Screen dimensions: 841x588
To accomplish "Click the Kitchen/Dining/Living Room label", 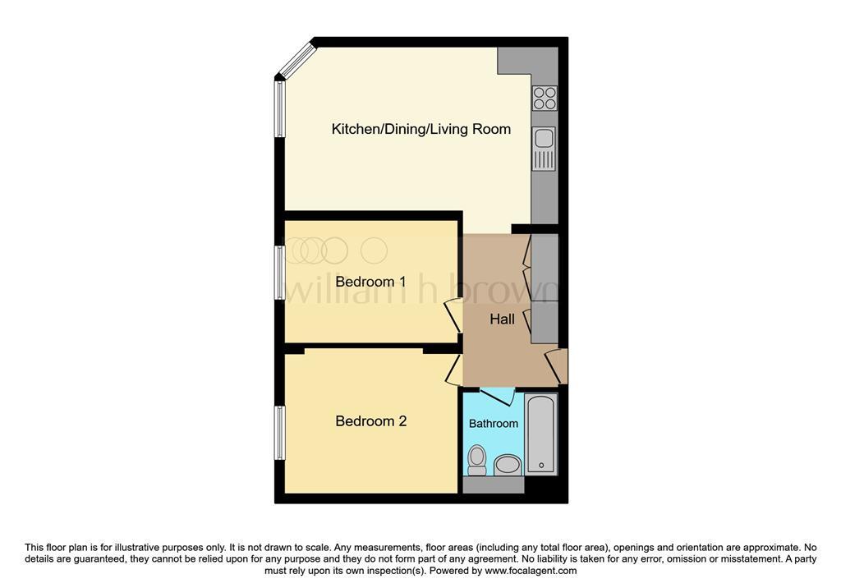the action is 421,129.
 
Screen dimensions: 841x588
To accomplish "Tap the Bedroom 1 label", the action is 370,282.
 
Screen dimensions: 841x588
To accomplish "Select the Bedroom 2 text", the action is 371,421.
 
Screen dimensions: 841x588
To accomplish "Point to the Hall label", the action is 502,319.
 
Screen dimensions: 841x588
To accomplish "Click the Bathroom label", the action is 494,423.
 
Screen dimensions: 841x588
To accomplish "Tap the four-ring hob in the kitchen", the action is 545,99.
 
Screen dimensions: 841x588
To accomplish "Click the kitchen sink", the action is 545,149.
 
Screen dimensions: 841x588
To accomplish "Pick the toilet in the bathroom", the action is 476,461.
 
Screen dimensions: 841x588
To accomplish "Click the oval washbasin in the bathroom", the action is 508,465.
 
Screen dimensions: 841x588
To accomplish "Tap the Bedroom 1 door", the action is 453,315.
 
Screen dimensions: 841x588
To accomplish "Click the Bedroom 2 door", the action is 454,369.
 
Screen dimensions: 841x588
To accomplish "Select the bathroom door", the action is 498,397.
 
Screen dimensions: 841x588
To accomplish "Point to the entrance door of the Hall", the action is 556,366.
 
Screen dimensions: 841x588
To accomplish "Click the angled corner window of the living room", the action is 296,58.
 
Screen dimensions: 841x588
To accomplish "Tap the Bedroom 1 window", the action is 279,273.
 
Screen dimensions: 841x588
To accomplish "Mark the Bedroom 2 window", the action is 279,433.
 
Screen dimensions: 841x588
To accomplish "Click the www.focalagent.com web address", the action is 531,571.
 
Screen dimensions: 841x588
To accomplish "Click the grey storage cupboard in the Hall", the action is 545,288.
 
